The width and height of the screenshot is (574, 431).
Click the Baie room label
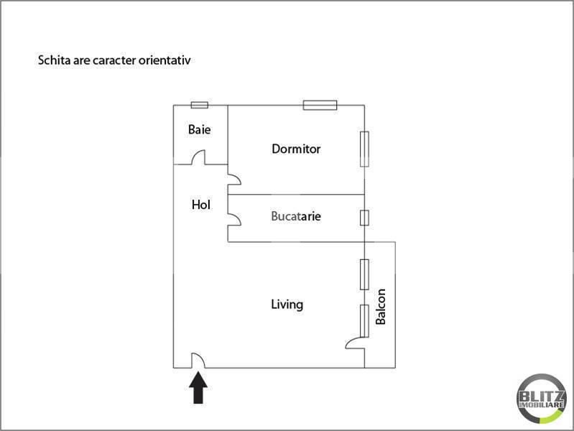199,129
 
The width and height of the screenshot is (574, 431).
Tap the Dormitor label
296,149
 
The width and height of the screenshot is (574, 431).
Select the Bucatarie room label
296,216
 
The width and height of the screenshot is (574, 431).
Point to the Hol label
201,204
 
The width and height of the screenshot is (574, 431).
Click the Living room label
287,305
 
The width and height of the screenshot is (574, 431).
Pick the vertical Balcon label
381,307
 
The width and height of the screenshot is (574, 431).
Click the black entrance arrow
198,387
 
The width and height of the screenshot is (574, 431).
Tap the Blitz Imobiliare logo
542,399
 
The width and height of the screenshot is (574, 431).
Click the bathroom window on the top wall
200,106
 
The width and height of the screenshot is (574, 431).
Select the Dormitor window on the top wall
320,105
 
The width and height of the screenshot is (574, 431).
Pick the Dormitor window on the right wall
364,149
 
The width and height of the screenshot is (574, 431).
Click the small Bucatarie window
364,218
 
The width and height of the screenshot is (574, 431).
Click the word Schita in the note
54,60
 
